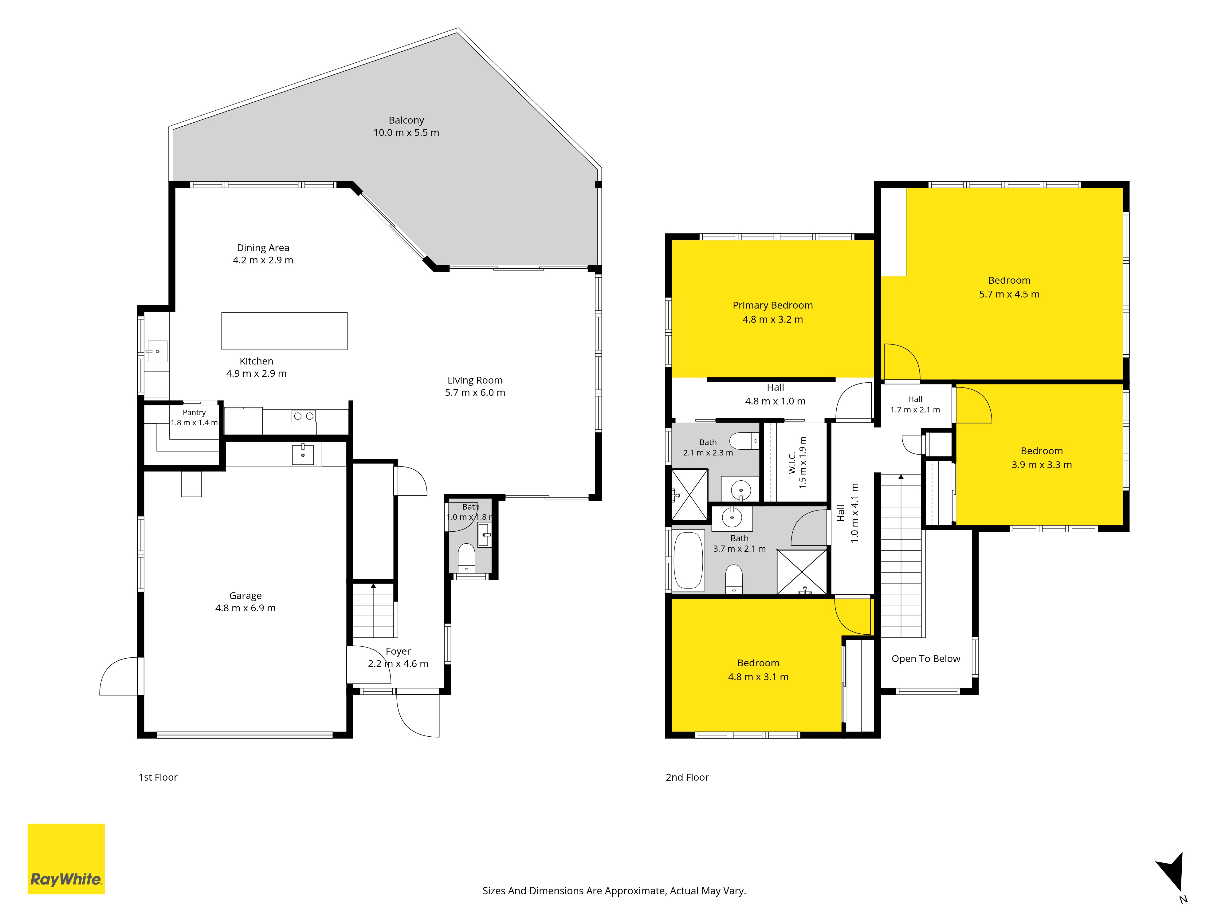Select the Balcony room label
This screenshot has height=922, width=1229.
(406, 120)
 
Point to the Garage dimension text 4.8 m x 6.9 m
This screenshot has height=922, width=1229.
(245, 608)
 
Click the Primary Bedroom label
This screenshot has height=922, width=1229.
(772, 305)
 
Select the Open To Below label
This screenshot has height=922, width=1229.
(926, 659)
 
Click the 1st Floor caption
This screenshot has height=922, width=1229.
(158, 777)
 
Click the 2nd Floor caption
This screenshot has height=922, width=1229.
(687, 777)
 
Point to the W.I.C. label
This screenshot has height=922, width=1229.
(792, 463)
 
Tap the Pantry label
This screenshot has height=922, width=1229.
(194, 412)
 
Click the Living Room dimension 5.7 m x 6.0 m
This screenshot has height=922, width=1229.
(475, 392)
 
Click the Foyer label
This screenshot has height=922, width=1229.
(398, 651)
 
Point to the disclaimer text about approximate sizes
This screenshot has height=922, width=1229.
(614, 891)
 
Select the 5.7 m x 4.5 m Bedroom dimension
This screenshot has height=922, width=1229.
(1009, 294)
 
